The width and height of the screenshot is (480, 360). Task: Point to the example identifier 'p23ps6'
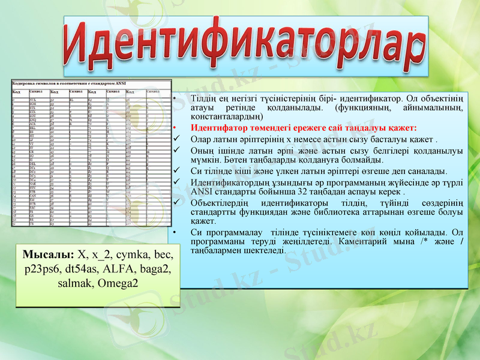(43, 268)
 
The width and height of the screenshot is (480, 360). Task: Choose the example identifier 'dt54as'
(84, 268)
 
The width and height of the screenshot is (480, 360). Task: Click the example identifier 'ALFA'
(124, 268)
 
